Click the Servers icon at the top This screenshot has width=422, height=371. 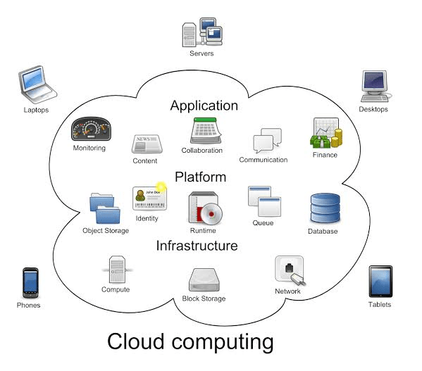[x=201, y=31]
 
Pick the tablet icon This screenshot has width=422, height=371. [x=379, y=282]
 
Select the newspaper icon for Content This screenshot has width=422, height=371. [x=145, y=144]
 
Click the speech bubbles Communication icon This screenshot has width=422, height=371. [x=266, y=142]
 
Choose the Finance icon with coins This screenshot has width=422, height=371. [x=325, y=133]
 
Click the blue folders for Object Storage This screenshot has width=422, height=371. [x=106, y=208]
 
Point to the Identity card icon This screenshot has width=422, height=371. [x=148, y=199]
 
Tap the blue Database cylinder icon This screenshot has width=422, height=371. [x=324, y=208]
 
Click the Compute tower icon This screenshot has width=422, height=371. [x=116, y=269]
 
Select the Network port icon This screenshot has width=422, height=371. [x=289, y=270]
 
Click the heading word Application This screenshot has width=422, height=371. [x=204, y=106]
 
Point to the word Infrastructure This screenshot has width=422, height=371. [x=197, y=246]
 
